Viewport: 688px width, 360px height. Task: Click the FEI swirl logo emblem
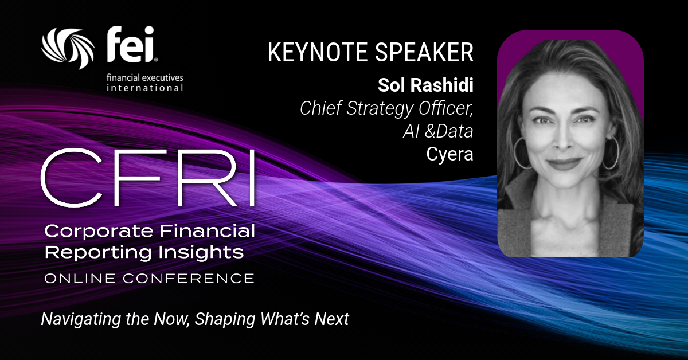pos(68,48)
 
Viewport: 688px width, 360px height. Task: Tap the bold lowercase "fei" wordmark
pos(131,45)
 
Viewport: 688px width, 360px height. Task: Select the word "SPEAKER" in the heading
pos(424,52)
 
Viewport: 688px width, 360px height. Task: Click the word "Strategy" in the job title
pos(380,108)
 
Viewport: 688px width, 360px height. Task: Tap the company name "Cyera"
pos(449,154)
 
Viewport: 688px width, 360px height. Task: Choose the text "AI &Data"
pos(438,131)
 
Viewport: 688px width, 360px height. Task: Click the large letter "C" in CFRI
pos(71,178)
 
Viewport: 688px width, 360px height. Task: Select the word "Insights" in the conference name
pos(201,252)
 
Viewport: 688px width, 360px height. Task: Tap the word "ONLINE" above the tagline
pos(80,279)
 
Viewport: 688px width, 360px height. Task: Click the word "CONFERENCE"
pos(189,279)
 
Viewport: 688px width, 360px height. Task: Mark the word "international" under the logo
pos(144,88)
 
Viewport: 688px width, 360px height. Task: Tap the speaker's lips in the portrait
pos(564,164)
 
